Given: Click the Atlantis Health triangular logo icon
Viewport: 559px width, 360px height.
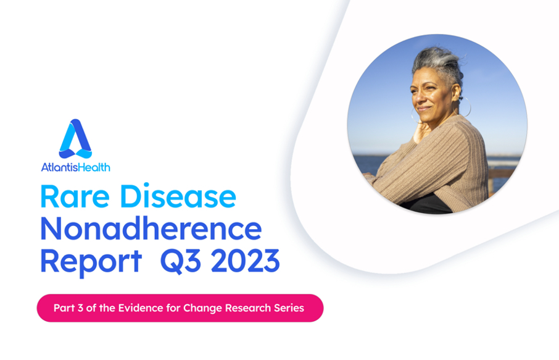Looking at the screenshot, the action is point(75,139).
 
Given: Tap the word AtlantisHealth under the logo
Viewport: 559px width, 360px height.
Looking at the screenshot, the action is point(75,167).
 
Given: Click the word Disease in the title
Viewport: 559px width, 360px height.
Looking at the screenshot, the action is point(178,196).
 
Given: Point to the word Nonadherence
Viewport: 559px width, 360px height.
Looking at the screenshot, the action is point(151,228).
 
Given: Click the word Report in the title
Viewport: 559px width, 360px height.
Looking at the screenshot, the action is point(91,262).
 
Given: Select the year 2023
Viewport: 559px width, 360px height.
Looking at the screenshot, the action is point(246,261).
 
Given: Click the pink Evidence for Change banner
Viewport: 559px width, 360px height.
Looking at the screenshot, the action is point(180,308).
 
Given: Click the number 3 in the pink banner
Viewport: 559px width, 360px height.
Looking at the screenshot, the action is point(80,308).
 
